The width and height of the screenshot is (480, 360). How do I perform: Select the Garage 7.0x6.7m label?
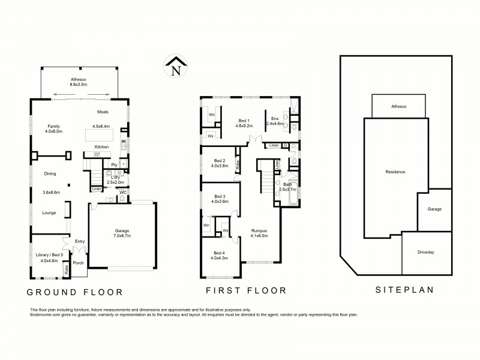coord(122,234)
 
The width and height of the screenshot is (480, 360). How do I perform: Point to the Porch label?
coord(78,263)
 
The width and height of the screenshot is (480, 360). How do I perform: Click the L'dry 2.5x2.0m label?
coord(114,179)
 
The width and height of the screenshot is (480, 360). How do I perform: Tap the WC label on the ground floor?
coord(122,192)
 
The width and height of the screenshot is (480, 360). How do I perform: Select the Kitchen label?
coord(101,146)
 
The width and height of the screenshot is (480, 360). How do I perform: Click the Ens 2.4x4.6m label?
coord(275,121)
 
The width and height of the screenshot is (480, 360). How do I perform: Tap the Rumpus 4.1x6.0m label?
coord(259,233)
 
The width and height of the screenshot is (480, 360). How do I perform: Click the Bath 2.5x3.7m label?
coord(287,187)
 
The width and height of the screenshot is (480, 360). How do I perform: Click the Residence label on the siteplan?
coord(395,172)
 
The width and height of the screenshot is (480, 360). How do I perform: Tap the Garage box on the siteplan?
coord(434,209)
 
